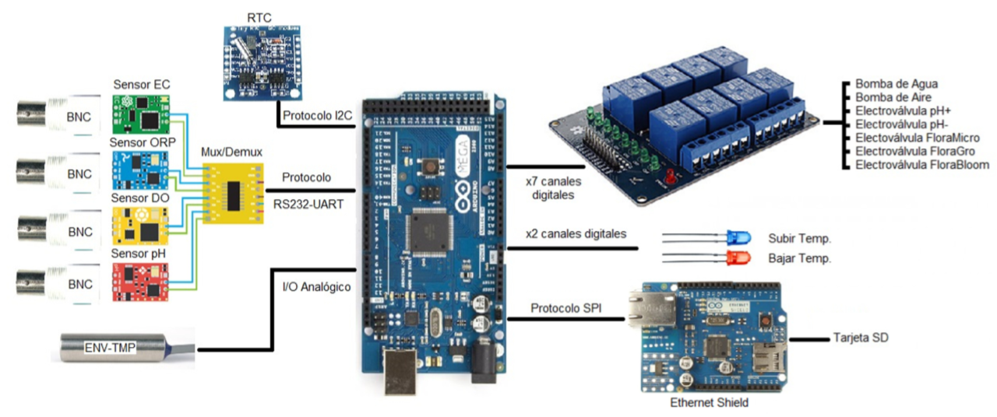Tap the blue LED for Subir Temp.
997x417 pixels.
736,237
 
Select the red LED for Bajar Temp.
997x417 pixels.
736,258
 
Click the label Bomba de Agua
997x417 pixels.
896,83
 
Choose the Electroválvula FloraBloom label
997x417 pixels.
922,165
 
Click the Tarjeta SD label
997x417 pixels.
861,338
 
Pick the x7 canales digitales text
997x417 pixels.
554,189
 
